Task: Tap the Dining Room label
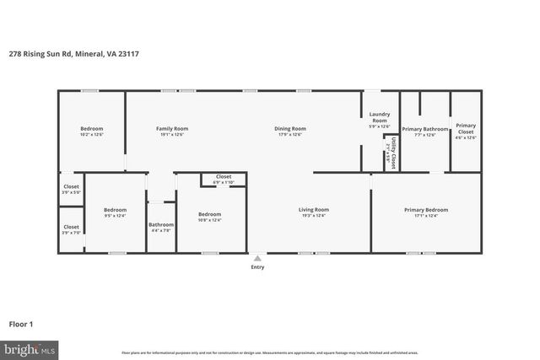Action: click(x=289, y=131)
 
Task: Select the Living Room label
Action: click(x=313, y=212)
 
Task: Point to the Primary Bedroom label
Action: click(x=425, y=212)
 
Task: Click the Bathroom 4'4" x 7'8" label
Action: click(x=160, y=227)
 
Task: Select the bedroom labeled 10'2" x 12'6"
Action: click(x=90, y=131)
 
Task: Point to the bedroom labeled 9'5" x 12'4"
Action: click(x=115, y=212)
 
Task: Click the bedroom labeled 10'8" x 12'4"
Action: click(x=209, y=217)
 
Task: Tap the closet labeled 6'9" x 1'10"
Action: click(x=224, y=179)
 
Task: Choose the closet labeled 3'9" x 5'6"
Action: click(x=71, y=189)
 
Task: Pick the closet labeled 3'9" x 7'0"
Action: click(x=71, y=228)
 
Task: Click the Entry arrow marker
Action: click(x=257, y=258)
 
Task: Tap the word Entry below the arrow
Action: click(x=257, y=267)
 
